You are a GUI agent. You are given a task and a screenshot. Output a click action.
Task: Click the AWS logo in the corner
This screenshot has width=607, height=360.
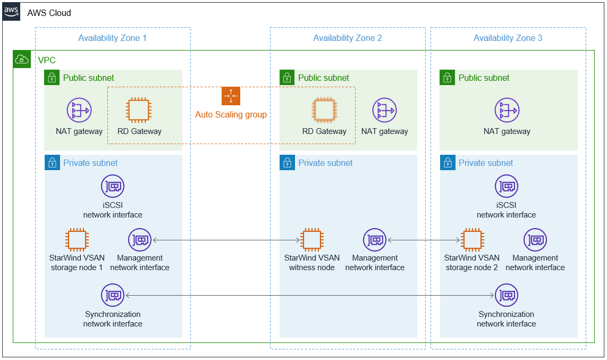coord(11,12)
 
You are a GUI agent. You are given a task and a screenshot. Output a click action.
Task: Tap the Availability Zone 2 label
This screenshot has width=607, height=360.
coord(347,38)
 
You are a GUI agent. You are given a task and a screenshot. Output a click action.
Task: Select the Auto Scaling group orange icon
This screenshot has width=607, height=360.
coord(231,96)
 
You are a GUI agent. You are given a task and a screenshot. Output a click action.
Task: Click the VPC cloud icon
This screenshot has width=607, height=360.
coord(22,59)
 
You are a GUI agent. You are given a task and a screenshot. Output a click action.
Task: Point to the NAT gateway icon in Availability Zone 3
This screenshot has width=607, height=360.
coord(507,110)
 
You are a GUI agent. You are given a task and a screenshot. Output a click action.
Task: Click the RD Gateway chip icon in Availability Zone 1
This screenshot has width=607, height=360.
coord(139,110)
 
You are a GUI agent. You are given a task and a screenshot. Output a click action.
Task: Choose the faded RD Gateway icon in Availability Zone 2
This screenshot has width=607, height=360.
coord(324,110)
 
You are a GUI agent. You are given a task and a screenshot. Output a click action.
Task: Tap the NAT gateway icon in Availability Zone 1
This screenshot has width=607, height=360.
coord(79,110)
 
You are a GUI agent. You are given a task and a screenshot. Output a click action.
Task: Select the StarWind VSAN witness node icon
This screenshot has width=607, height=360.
coord(311,240)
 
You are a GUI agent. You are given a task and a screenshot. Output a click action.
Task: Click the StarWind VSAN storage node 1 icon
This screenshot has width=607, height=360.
coord(77,240)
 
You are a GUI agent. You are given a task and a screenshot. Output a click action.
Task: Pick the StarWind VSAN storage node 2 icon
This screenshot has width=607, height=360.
coord(472,240)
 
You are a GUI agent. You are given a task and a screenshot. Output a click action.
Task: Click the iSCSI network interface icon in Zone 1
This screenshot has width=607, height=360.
coord(113,186)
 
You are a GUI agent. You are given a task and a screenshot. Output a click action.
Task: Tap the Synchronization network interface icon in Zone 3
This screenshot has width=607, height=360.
coord(507,295)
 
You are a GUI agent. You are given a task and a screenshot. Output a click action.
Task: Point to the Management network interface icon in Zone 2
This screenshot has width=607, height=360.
coord(375,240)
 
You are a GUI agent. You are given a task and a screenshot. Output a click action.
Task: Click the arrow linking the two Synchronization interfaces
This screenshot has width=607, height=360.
coord(310,295)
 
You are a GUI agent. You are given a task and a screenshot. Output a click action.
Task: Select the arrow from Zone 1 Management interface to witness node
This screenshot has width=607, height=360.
coord(226,240)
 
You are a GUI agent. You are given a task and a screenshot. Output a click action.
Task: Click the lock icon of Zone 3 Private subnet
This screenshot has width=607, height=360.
coord(448,163)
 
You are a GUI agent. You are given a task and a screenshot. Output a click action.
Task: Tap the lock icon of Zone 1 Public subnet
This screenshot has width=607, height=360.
coord(52,78)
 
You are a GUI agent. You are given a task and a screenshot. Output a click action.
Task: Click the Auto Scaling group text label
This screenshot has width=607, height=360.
coord(231,114)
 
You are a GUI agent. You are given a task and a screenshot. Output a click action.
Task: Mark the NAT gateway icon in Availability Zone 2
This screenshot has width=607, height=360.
coord(384,110)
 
